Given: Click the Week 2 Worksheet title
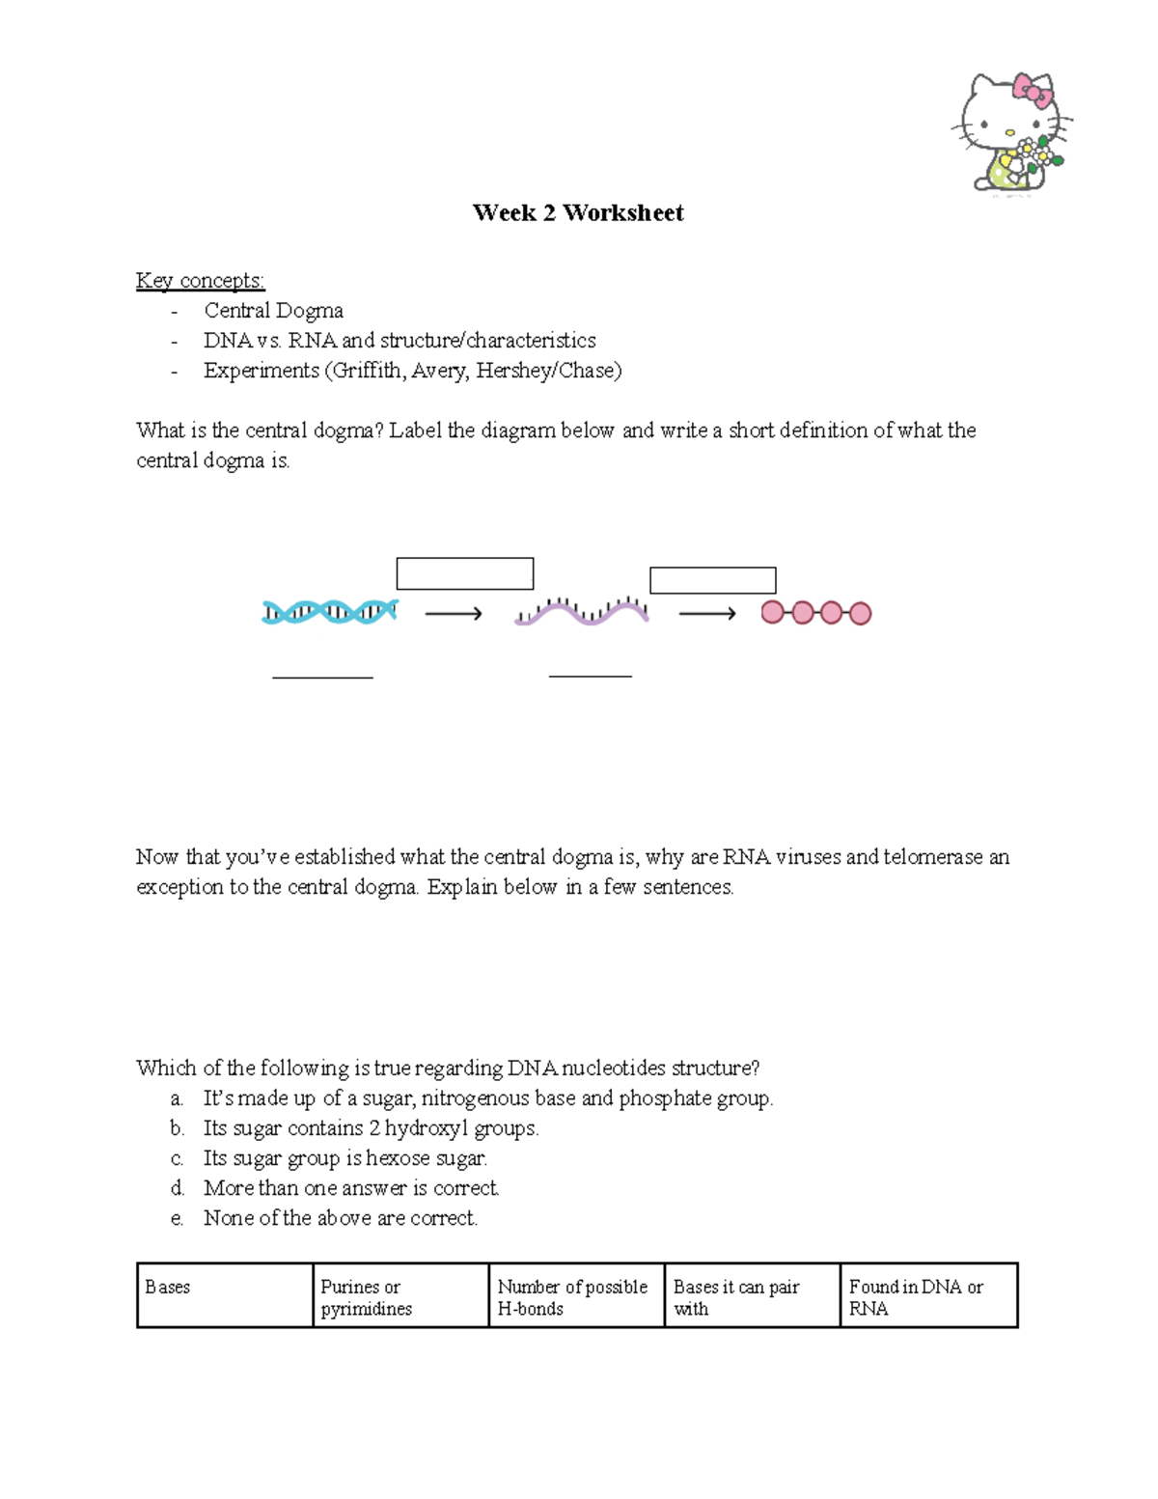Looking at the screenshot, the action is click(x=577, y=213).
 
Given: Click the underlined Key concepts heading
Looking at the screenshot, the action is click(x=200, y=281).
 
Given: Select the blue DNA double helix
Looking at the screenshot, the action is click(x=330, y=612).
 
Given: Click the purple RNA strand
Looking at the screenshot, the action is click(x=582, y=611).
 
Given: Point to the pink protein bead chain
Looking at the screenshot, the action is click(x=815, y=613).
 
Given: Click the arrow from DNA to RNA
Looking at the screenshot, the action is click(x=454, y=614).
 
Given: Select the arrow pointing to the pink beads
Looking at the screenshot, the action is click(x=707, y=614).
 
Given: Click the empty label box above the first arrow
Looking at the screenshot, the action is click(x=464, y=573).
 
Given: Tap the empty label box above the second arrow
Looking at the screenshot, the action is click(x=712, y=580).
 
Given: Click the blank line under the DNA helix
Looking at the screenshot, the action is click(x=322, y=678).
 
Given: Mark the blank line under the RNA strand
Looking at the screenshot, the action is click(x=590, y=676).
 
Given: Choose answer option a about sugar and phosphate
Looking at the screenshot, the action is click(x=487, y=1098).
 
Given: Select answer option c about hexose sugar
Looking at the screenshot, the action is click(x=345, y=1158).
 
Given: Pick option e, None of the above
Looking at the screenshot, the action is click(x=340, y=1218).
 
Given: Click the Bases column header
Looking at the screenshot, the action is click(x=168, y=1288).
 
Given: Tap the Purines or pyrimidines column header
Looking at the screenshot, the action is click(x=366, y=1297).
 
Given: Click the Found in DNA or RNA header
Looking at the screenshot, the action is click(x=915, y=1297).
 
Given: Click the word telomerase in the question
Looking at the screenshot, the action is click(x=932, y=857).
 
